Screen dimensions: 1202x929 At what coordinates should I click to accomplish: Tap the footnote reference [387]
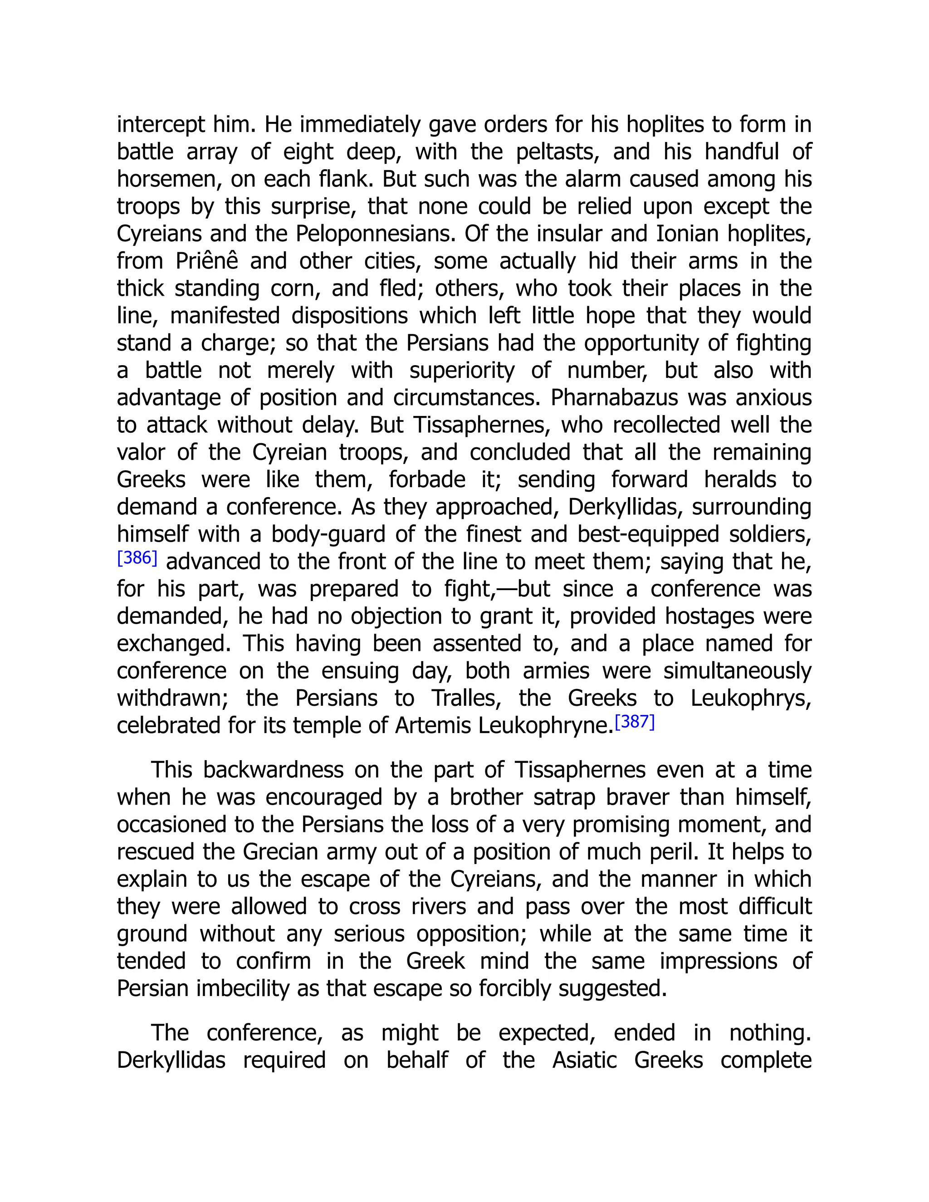click(635, 722)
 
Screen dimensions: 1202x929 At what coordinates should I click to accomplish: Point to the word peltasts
click(557, 152)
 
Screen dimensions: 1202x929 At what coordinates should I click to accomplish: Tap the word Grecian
click(281, 852)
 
